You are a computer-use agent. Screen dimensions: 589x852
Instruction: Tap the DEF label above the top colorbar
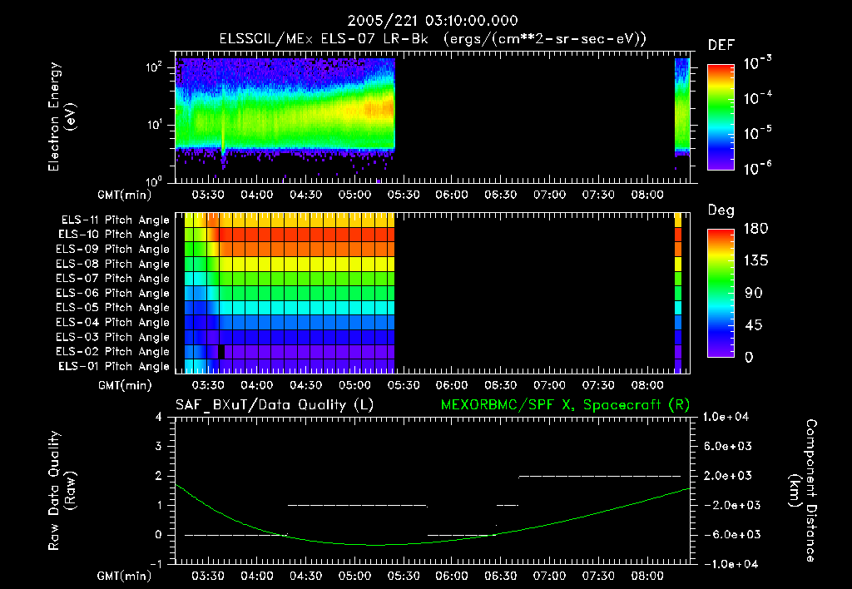coord(721,45)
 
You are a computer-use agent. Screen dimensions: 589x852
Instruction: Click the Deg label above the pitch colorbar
coord(721,210)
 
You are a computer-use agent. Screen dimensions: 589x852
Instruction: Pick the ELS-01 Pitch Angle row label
coord(113,366)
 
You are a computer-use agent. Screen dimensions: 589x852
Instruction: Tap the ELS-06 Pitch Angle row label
coord(113,293)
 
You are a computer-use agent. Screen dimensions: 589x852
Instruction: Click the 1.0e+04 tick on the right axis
coord(728,417)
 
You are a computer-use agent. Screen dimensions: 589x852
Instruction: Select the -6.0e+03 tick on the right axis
coord(728,534)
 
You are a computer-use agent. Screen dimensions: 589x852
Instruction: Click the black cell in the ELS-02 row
coord(221,352)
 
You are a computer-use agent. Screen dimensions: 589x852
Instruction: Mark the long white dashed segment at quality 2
coord(599,476)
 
